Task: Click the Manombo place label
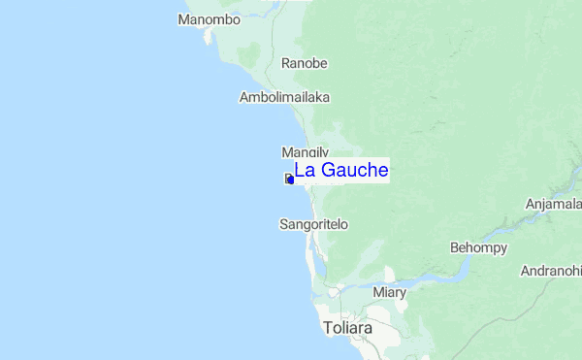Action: pyautogui.click(x=209, y=19)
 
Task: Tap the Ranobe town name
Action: pyautogui.click(x=305, y=63)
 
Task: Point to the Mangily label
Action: pyautogui.click(x=305, y=152)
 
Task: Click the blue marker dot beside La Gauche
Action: pyautogui.click(x=289, y=179)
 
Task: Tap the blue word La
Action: pyautogui.click(x=304, y=170)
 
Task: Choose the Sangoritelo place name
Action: pyautogui.click(x=313, y=224)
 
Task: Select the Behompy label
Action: pyautogui.click(x=479, y=247)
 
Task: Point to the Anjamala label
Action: pyautogui.click(x=553, y=204)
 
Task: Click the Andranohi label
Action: pyautogui.click(x=550, y=270)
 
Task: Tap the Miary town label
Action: pyautogui.click(x=389, y=291)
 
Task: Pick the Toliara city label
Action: pyautogui.click(x=348, y=328)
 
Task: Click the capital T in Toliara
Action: pyautogui.click(x=329, y=328)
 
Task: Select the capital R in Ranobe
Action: pyautogui.click(x=286, y=63)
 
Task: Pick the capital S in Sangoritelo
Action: pyautogui.click(x=283, y=224)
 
